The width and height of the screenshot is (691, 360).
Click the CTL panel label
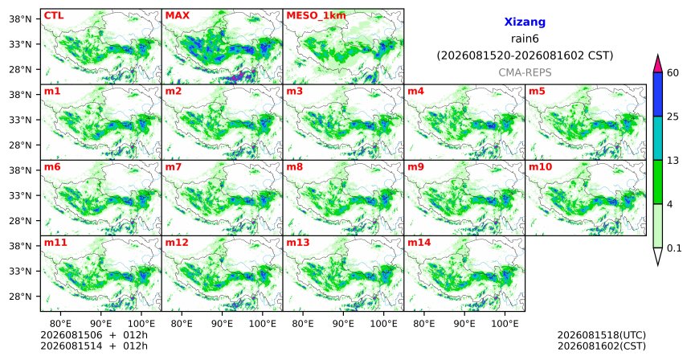[x=54, y=16]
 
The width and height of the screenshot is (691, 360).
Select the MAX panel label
[x=177, y=16]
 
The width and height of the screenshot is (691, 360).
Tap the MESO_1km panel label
[x=316, y=16]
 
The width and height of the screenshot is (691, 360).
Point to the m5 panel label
[x=537, y=92]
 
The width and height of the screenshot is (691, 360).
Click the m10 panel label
[x=540, y=167]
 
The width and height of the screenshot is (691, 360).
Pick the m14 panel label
[x=419, y=243]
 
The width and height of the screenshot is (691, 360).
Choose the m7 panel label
[x=174, y=167]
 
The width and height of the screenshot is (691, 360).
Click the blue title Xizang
[x=525, y=22]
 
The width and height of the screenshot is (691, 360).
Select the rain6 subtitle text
[x=525, y=39]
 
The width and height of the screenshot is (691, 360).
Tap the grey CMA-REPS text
[x=525, y=72]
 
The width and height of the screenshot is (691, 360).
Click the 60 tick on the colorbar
[x=673, y=73]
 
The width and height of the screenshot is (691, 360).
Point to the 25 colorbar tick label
[x=673, y=117]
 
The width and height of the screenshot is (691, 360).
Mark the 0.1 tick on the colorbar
[x=674, y=248]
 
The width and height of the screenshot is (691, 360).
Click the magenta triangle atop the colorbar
[x=658, y=64]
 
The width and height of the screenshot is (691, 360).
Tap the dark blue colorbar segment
[x=658, y=94]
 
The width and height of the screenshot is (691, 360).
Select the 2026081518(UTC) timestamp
[x=602, y=336]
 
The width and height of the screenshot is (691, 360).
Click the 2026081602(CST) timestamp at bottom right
[x=602, y=346]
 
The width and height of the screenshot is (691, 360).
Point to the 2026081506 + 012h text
[x=94, y=335]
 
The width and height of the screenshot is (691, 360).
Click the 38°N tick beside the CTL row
[x=20, y=19]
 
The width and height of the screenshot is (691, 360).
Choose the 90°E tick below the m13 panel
[x=343, y=325]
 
